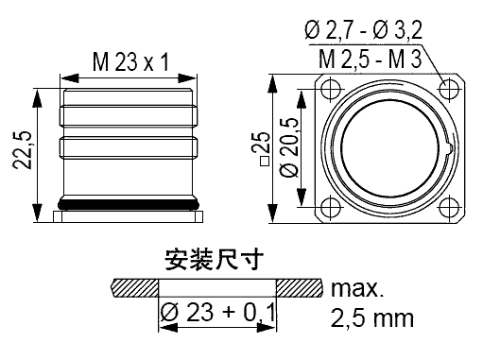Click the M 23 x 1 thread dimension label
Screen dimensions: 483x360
click(x=130, y=62)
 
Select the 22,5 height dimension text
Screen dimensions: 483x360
click(x=23, y=149)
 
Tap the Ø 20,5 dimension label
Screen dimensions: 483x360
click(x=289, y=147)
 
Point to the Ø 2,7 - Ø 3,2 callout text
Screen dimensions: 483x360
click(x=363, y=30)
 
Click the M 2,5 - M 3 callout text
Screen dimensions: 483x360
click(x=370, y=59)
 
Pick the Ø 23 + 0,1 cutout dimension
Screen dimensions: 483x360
click(x=217, y=313)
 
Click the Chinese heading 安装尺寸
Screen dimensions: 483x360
click(x=215, y=259)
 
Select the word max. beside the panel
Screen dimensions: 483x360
click(x=357, y=288)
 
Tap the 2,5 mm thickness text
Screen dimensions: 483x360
click(x=371, y=318)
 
